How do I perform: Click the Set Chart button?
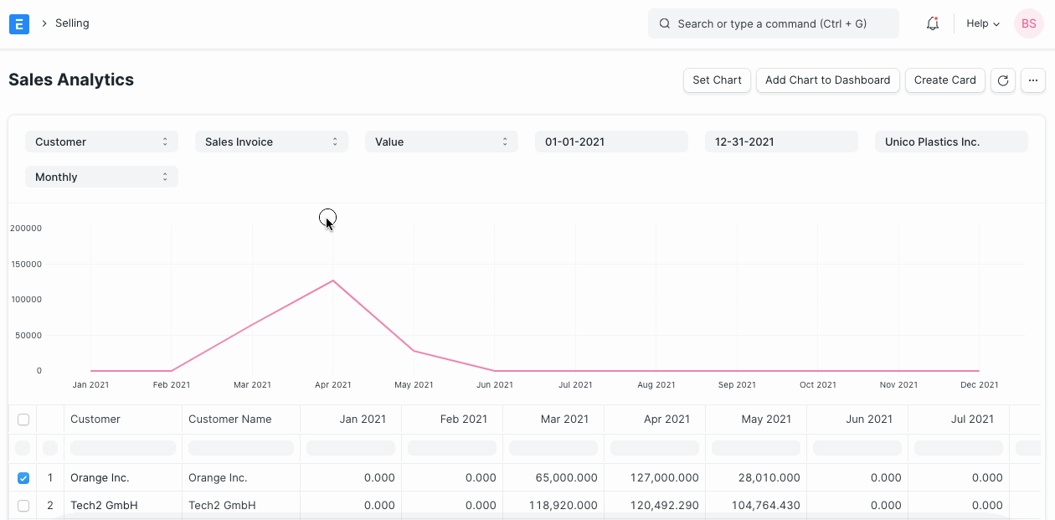[717, 80]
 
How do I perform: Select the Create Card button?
[944, 80]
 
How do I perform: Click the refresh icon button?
[1003, 80]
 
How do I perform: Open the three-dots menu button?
[1033, 80]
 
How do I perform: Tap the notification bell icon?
[932, 24]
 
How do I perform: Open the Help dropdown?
[982, 24]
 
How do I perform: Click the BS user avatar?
[1028, 24]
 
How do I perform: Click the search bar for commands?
[773, 24]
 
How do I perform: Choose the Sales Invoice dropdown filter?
[271, 142]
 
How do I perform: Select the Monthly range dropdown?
[101, 178]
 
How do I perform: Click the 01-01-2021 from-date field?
[611, 142]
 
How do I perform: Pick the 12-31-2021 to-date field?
[781, 142]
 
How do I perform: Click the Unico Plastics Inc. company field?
[951, 142]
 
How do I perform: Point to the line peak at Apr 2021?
[333, 281]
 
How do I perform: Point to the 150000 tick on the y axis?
[25, 265]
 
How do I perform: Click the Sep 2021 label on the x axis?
[737, 385]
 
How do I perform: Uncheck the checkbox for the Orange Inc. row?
[23, 478]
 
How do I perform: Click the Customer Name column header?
[230, 420]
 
